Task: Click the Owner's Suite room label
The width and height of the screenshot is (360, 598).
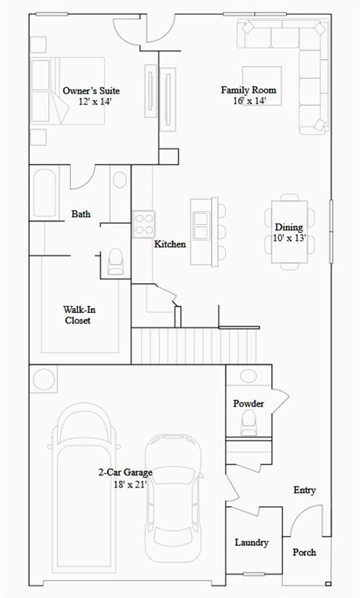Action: coord(91,91)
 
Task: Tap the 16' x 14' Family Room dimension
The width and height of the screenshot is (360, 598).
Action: coord(249,101)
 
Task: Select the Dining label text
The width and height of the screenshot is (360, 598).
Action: coord(289,227)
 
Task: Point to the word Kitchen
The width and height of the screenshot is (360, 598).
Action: coord(170,244)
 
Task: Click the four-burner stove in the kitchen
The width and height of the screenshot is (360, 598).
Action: coord(144,224)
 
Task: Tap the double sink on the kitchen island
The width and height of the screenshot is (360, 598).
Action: coord(201,225)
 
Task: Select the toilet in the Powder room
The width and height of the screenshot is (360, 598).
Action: coord(249,423)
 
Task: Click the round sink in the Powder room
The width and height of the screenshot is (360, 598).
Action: coord(249,375)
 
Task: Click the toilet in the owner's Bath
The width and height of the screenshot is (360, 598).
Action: coord(115,262)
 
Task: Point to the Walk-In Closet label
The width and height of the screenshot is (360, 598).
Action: coord(77,315)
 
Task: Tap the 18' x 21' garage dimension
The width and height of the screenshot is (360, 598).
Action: coord(130,485)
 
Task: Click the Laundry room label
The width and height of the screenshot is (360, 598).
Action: coord(251,542)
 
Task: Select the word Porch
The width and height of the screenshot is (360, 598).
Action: coord(304,552)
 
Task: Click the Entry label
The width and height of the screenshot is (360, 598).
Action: coord(304,490)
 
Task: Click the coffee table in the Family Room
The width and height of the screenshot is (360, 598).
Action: coord(262,86)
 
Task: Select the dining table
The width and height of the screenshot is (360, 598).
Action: coord(289,232)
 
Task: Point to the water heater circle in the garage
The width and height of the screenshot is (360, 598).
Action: coord(43,379)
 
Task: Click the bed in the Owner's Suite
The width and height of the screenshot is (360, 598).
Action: coord(68,91)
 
